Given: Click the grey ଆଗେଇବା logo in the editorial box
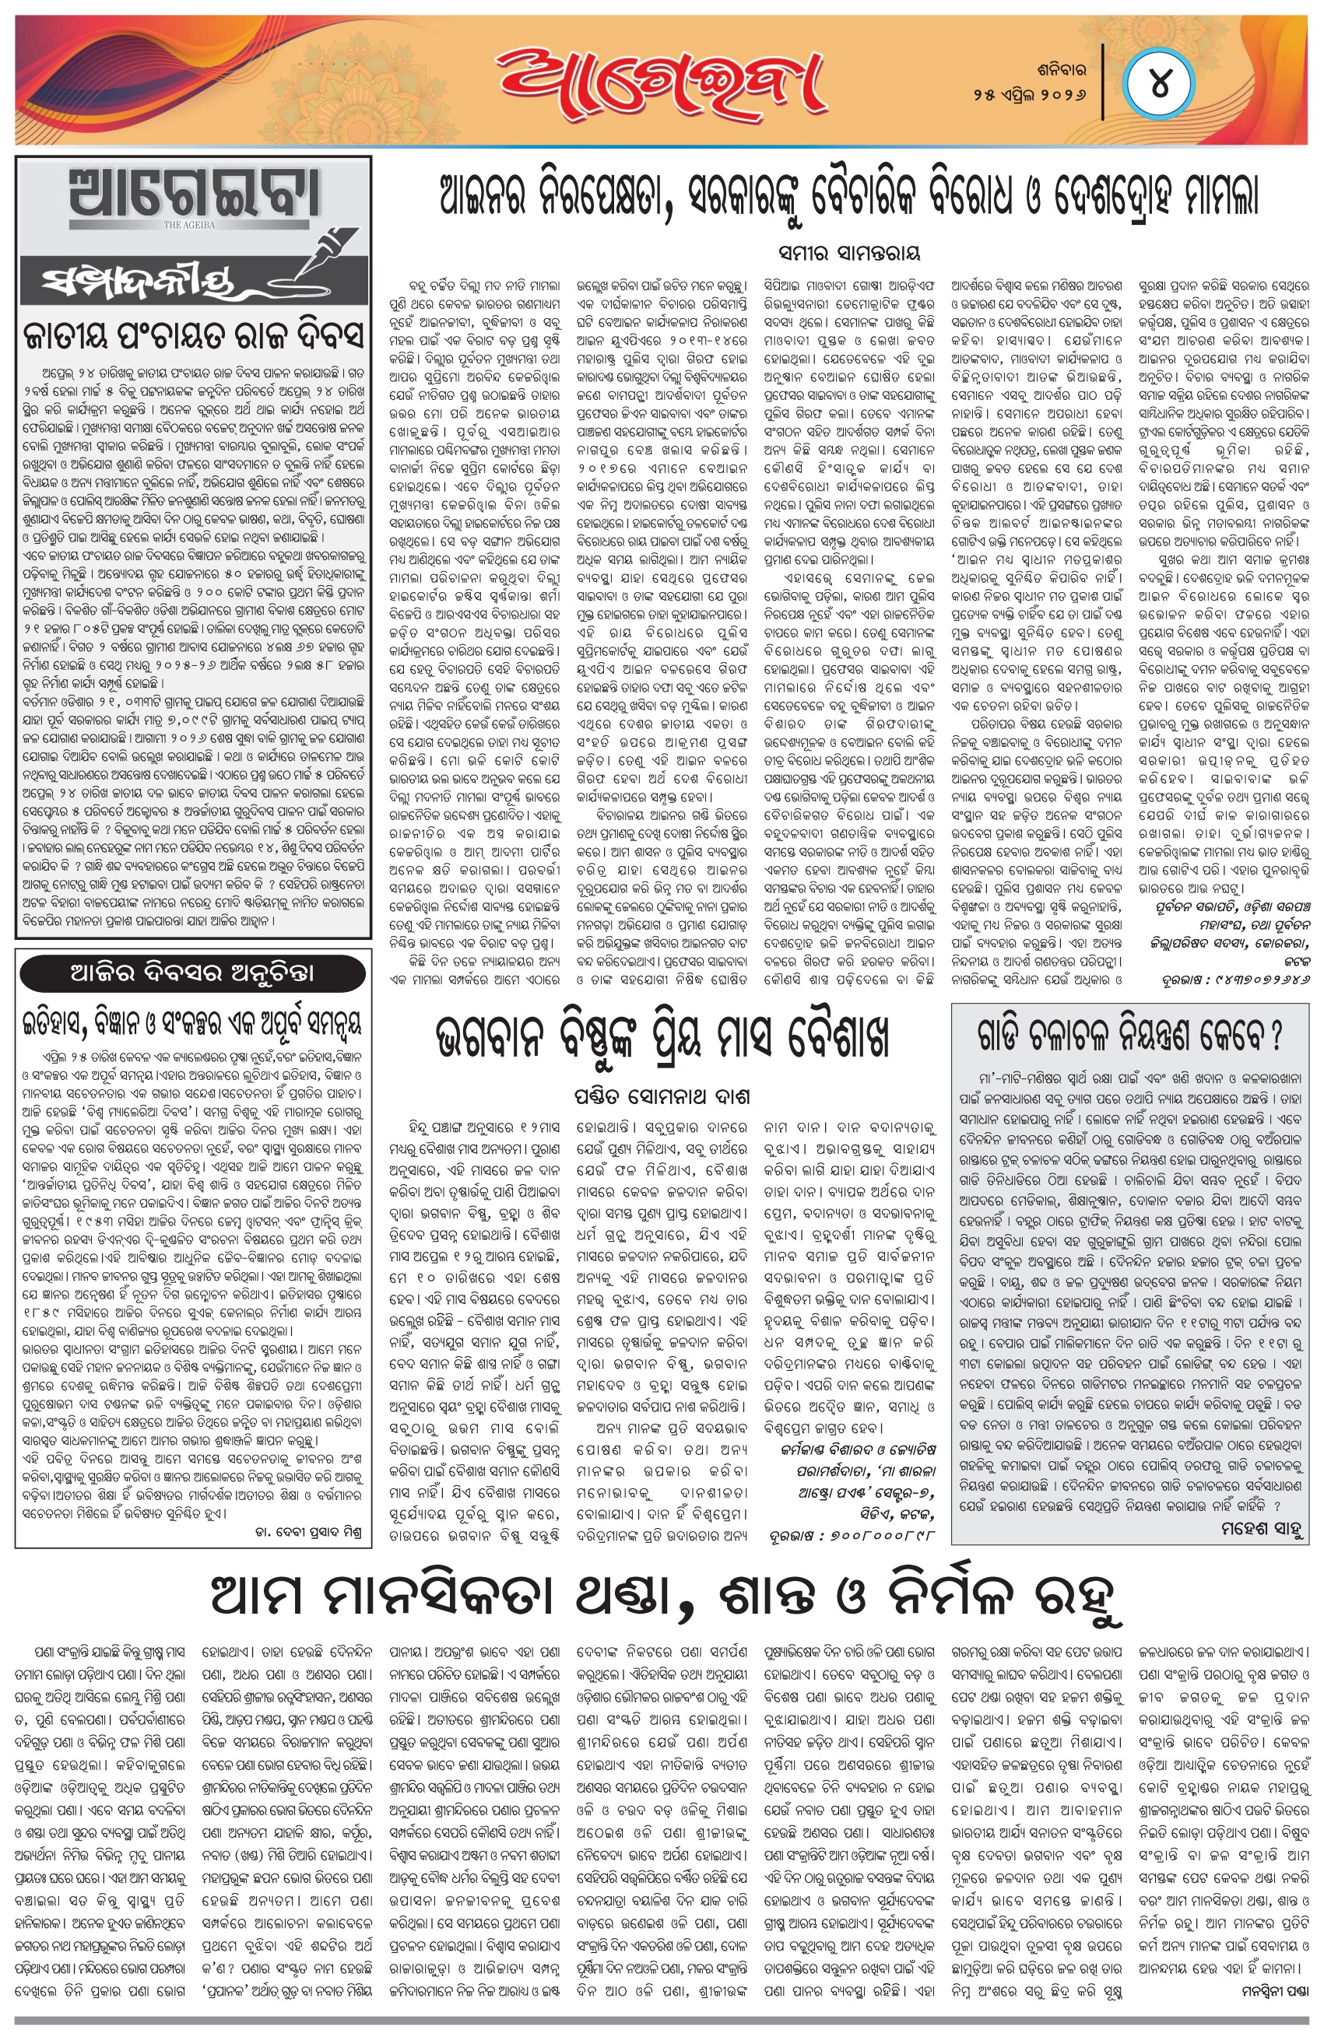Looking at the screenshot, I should (194, 195).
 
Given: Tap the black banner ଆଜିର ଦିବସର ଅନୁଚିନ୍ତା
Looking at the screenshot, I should (194, 972).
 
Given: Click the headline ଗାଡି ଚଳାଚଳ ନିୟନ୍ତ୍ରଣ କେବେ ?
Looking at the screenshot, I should (1129, 1035).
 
